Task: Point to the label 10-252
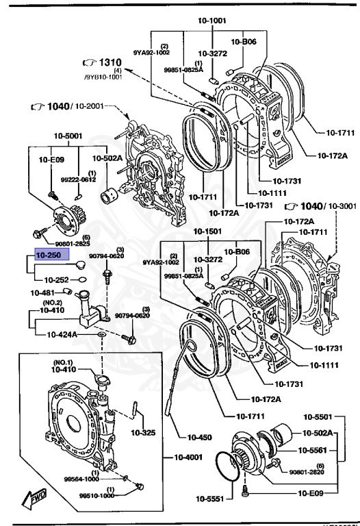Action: [x=57, y=279]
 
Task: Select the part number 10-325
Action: [x=143, y=432]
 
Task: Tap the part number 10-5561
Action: [x=316, y=451]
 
